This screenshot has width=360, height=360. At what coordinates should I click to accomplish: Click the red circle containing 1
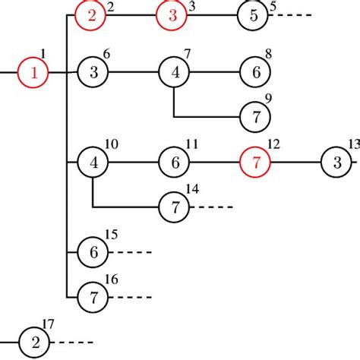coord(33,73)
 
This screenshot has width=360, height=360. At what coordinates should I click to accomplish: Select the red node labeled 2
coord(92,17)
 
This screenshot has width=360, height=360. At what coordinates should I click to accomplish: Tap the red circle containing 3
coord(172,17)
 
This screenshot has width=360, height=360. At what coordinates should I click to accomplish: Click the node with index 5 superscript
coord(254,17)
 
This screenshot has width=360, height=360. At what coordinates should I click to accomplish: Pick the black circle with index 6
coord(93,73)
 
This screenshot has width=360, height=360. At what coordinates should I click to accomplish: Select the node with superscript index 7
coord(174,73)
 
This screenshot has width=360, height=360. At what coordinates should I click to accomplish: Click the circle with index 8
coord(255,73)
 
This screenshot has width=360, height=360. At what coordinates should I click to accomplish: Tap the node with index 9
coord(255,117)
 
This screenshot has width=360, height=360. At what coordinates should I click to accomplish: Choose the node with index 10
coord(93,162)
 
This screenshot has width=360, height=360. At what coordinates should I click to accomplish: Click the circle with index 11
coord(174,162)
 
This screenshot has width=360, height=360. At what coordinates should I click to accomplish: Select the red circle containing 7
coord(255,162)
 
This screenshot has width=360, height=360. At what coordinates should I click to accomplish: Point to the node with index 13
coord(336,162)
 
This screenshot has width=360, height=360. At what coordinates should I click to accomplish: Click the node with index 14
coord(174,206)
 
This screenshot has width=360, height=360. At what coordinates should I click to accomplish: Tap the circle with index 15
coord(93,251)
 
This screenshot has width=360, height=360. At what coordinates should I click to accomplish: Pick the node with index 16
coord(93,296)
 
